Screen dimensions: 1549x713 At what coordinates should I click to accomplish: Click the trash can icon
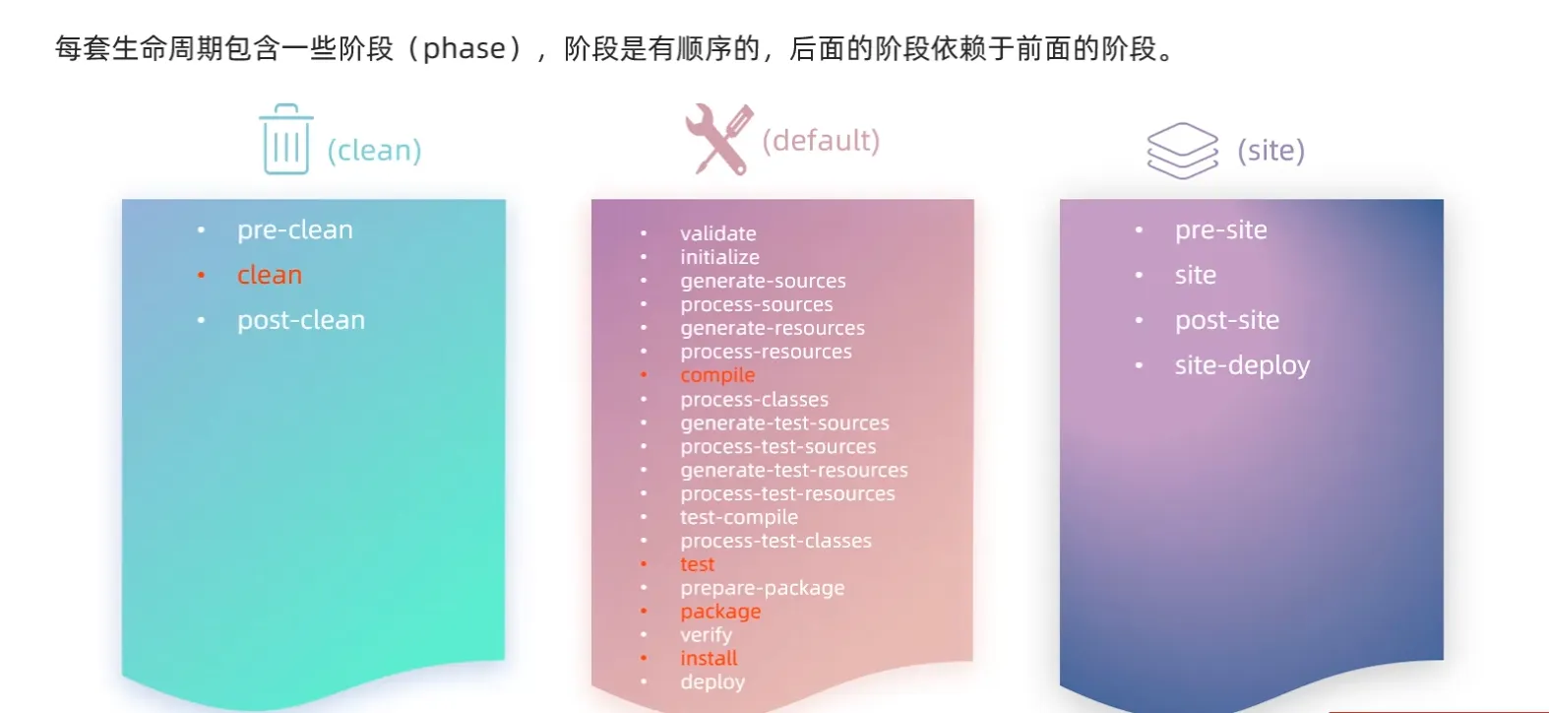coord(286,139)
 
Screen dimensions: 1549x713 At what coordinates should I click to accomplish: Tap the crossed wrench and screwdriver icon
coord(719,139)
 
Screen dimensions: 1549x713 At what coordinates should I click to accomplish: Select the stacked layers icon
coord(1183,151)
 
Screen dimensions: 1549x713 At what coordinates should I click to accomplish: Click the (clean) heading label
coord(374,151)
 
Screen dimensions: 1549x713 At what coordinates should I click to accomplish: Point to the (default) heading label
coord(821,141)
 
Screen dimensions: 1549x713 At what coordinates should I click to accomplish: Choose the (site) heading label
coord(1271,151)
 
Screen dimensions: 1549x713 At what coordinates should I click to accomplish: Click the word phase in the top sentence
coord(464,49)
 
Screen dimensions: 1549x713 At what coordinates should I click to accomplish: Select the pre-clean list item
coord(295,229)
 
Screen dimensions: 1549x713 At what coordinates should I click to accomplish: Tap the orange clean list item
coord(270,275)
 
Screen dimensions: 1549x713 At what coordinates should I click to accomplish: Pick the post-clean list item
coord(301,320)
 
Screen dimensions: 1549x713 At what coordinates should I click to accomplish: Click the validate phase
coord(718,233)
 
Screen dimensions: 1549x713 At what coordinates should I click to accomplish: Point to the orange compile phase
coord(717,375)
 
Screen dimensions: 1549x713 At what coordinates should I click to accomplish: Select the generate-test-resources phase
coord(794,470)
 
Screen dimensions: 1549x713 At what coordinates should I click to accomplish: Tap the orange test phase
coord(697,564)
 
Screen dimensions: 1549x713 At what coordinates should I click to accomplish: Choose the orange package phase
coord(720,612)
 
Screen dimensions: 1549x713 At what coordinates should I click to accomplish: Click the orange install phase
coord(709,658)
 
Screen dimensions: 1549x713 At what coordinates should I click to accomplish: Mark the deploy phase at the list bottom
coord(713,682)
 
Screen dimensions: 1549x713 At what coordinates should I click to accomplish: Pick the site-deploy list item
coord(1243,365)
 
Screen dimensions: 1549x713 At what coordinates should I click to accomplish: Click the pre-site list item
coord(1221,229)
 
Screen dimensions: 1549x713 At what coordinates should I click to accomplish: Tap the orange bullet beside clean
coord(201,276)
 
